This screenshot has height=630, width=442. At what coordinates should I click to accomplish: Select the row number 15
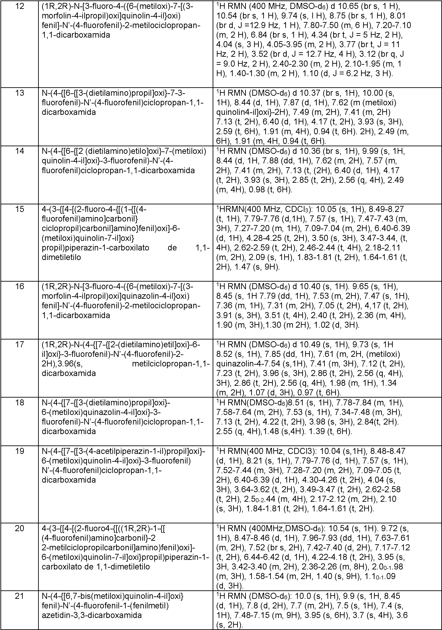pos(20,209)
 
